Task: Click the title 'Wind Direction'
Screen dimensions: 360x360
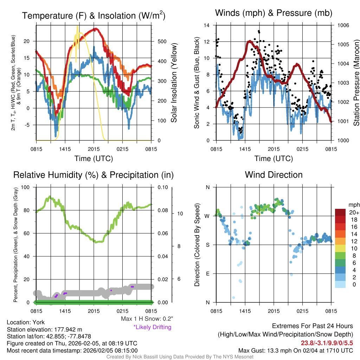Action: pyautogui.click(x=274, y=175)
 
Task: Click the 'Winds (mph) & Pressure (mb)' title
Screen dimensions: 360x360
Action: pyautogui.click(x=274, y=13)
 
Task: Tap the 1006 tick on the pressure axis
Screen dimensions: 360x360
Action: pyautogui.click(x=343, y=25)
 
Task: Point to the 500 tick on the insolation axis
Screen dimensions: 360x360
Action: pyautogui.click(x=162, y=41)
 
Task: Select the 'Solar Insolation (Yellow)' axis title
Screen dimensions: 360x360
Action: pyautogui.click(x=174, y=83)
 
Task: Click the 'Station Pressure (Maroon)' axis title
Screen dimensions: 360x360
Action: pyautogui.click(x=356, y=83)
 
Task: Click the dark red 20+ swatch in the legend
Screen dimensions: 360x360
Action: pyautogui.click(x=340, y=212)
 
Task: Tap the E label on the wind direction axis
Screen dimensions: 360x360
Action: pyautogui.click(x=208, y=274)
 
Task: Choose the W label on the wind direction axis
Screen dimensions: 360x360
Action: pyautogui.click(x=207, y=216)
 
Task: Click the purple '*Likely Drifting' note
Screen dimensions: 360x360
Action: pyautogui.click(x=152, y=327)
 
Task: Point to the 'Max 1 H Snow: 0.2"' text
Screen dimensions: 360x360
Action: pyautogui.click(x=147, y=319)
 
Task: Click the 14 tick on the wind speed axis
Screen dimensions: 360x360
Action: pyautogui.click(x=207, y=25)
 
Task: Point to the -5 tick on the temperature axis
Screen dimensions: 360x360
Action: pyautogui.click(x=29, y=125)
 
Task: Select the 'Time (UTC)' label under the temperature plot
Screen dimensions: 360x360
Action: pyautogui.click(x=94, y=159)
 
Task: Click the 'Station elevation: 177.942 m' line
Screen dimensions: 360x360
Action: pyautogui.click(x=45, y=329)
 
